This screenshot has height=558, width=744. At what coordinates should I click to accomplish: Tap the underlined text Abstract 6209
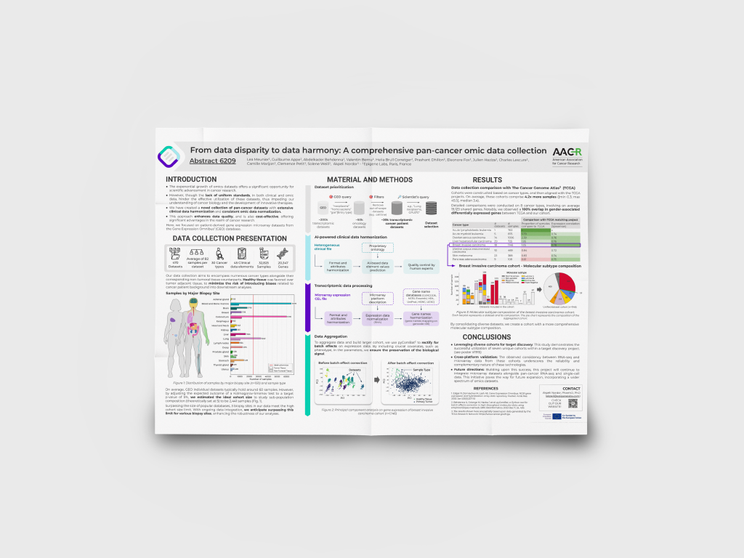click(213, 161)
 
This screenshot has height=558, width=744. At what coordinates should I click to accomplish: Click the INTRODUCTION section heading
click(191, 179)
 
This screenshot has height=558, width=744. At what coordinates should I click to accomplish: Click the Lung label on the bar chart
click(227, 338)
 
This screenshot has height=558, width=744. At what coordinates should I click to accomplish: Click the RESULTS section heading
click(487, 179)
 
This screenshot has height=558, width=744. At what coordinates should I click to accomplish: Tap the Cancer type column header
click(461, 225)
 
